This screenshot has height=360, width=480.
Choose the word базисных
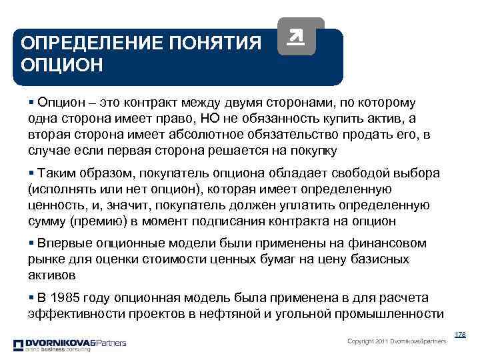[x=378, y=259]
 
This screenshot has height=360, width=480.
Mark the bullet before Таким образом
[x=31, y=173]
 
